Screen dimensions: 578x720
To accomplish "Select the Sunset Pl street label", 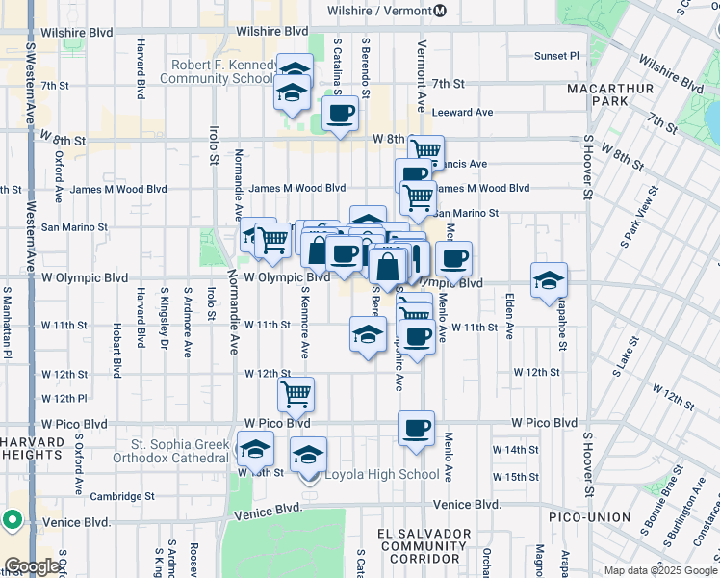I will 557,56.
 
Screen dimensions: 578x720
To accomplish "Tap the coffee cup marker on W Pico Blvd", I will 416,430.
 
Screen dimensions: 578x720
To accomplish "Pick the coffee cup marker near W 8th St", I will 341,115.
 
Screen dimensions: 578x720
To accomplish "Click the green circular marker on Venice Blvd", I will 13,520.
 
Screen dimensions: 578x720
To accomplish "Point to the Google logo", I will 33,566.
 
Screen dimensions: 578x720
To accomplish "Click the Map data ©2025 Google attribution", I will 659,570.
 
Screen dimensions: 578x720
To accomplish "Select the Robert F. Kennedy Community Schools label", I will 224,72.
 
